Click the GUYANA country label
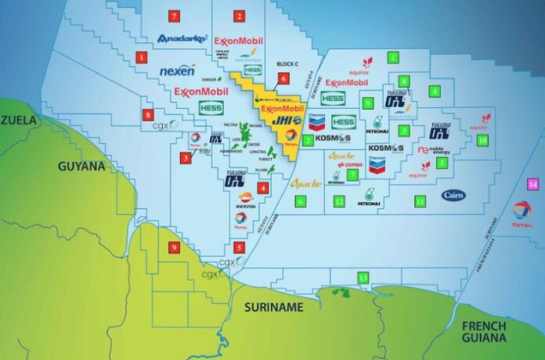click(81, 167)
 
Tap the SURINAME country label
click(272, 308)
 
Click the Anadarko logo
click(182, 38)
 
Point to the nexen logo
click(177, 71)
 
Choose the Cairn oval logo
click(453, 195)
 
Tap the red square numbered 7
click(173, 16)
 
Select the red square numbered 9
click(174, 248)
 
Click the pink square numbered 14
click(532, 184)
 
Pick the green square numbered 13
click(363, 278)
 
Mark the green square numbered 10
click(482, 139)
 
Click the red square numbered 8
click(148, 115)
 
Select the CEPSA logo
click(348, 165)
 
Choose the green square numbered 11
click(420, 201)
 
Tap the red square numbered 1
click(142, 56)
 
